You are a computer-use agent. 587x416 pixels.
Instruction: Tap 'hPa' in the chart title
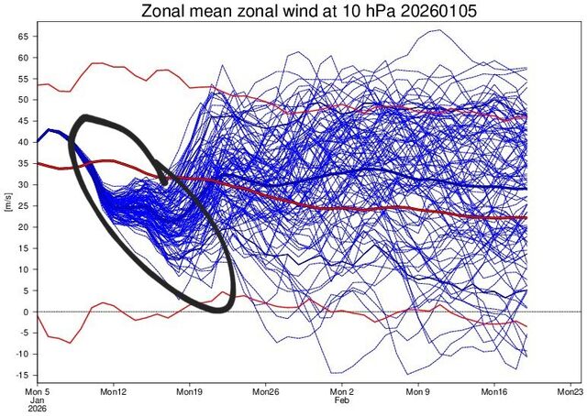click(x=358, y=13)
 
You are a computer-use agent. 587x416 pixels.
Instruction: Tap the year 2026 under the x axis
click(x=38, y=411)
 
